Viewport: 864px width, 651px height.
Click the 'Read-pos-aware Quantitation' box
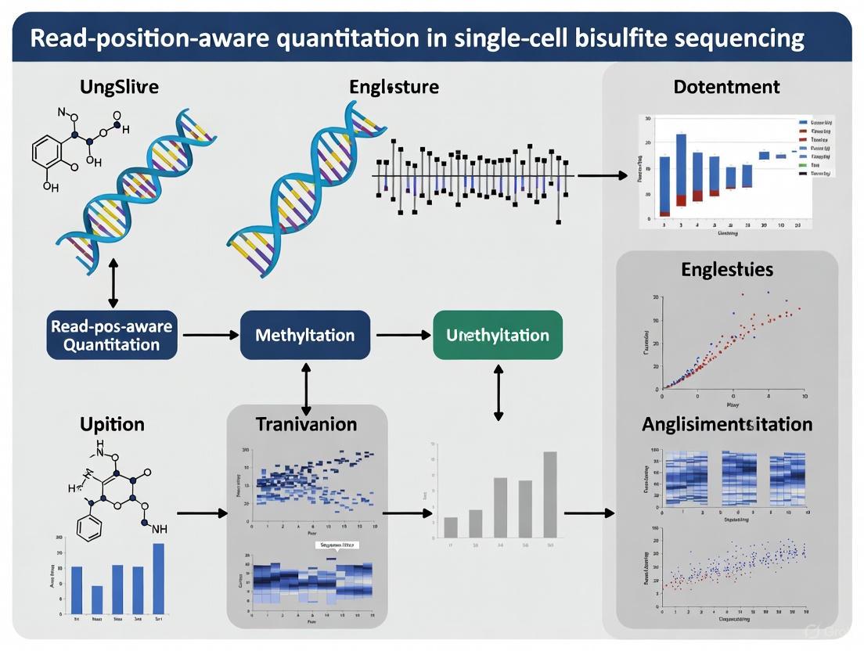pyautogui.click(x=112, y=335)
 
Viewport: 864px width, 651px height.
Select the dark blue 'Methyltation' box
pyautogui.click(x=304, y=335)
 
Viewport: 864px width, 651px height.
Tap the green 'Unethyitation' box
pyautogui.click(x=497, y=335)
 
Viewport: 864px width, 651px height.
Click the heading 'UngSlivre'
pyautogui.click(x=119, y=87)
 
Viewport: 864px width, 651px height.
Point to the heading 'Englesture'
pyautogui.click(x=394, y=87)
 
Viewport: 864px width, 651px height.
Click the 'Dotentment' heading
pyautogui.click(x=726, y=87)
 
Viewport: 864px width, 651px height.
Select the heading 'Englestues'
pyautogui.click(x=726, y=270)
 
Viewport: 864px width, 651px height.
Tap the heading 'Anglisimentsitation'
pyautogui.click(x=726, y=424)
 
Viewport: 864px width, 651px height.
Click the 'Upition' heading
pyautogui.click(x=112, y=424)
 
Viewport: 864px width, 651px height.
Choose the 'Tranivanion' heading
pyautogui.click(x=306, y=424)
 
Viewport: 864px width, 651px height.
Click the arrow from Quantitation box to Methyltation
pyautogui.click(x=209, y=335)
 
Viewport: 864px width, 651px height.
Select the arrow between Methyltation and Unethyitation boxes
pyautogui.click(x=403, y=335)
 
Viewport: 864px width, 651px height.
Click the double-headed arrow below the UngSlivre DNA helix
pyautogui.click(x=113, y=286)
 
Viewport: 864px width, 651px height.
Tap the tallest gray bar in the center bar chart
pyautogui.click(x=549, y=495)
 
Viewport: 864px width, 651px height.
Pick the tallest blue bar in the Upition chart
pyautogui.click(x=159, y=578)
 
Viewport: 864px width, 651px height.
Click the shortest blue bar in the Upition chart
pyautogui.click(x=97, y=599)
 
